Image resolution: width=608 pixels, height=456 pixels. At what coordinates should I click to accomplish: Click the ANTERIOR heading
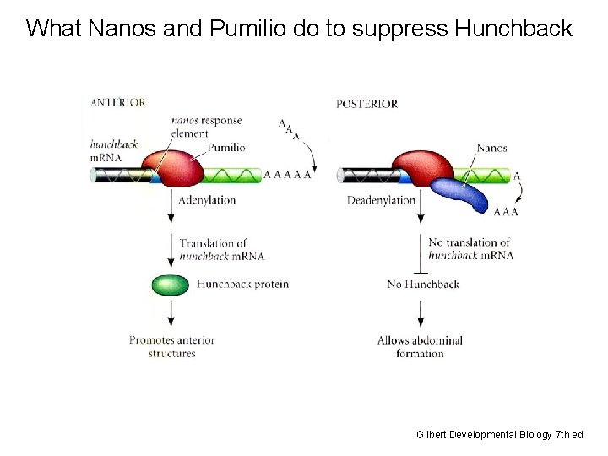coord(118,102)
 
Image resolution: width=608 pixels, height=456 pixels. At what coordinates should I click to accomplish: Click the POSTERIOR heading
coord(366,104)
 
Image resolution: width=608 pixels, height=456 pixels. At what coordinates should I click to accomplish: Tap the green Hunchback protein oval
coord(170,285)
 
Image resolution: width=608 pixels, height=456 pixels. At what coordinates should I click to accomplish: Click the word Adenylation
coord(208,200)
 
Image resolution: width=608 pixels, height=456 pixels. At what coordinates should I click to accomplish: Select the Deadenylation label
coord(381,200)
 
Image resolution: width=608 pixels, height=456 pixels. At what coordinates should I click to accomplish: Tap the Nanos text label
coord(491,148)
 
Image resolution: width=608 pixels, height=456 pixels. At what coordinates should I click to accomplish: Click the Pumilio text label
coord(226,147)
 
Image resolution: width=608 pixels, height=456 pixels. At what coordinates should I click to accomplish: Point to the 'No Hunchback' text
coord(423,284)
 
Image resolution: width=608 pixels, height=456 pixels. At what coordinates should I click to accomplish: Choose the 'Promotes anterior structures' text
coord(171,346)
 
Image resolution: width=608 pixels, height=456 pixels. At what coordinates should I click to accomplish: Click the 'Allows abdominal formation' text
coord(420,346)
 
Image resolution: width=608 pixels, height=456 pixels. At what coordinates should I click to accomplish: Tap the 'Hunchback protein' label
coord(242,284)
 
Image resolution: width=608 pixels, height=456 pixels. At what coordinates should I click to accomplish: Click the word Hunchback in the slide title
coord(513,29)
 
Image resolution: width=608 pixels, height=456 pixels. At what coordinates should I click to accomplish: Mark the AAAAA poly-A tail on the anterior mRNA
coord(287,175)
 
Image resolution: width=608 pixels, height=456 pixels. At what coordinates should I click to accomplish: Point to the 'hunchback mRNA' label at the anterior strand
coord(113,150)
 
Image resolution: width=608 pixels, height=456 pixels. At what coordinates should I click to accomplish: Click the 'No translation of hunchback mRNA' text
coord(469,248)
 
